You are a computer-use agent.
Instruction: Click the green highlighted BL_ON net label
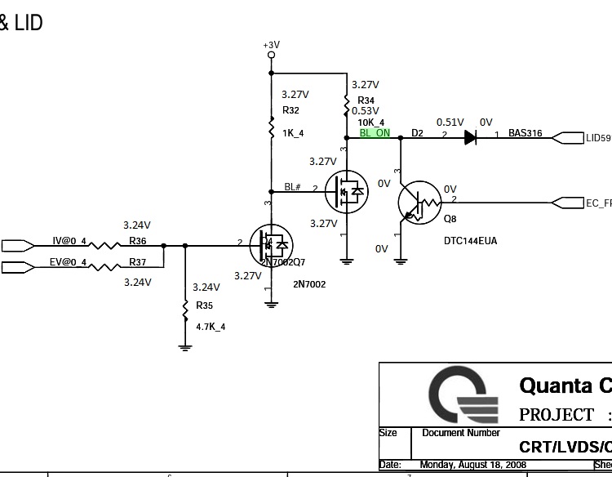[x=375, y=133]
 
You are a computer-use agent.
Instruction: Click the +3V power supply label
[x=272, y=45]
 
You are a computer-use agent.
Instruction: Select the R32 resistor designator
[x=290, y=109]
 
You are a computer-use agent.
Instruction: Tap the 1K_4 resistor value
[x=293, y=132]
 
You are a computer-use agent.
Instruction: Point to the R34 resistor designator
[x=366, y=100]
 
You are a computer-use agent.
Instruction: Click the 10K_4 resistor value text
[x=370, y=123]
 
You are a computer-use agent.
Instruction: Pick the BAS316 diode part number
[x=526, y=133]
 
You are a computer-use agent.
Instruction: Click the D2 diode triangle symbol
[x=471, y=138]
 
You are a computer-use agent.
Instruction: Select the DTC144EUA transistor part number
[x=470, y=241]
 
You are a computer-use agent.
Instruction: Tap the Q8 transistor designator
[x=450, y=219]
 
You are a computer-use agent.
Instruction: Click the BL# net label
[x=293, y=187]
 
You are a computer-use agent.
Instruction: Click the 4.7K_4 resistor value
[x=211, y=326]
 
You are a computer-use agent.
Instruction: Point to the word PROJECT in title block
[x=557, y=415]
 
